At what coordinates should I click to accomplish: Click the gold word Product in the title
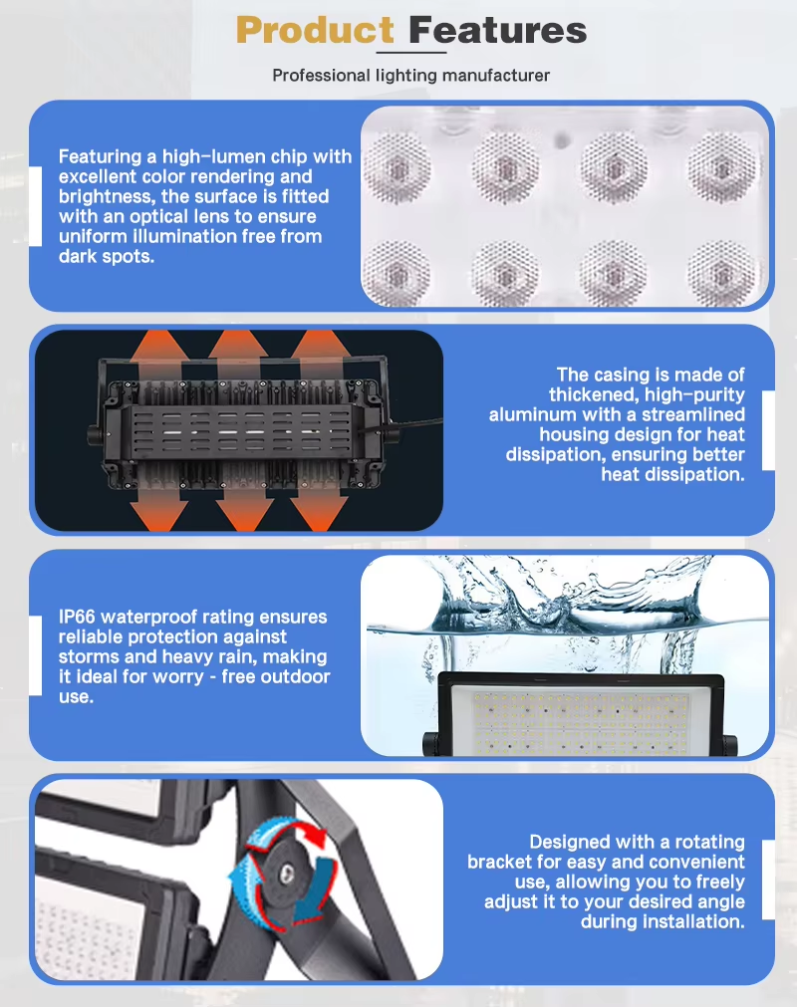click(315, 30)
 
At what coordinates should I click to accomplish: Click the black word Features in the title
click(498, 30)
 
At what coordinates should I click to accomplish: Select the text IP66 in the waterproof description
click(77, 617)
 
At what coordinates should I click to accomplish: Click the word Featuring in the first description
click(101, 157)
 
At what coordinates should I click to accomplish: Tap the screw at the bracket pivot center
click(287, 872)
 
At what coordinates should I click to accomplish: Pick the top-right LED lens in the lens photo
click(722, 166)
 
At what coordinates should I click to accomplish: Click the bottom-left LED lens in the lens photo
click(397, 274)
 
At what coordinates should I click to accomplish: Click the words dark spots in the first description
click(107, 257)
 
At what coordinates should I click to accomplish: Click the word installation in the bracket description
click(663, 921)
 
